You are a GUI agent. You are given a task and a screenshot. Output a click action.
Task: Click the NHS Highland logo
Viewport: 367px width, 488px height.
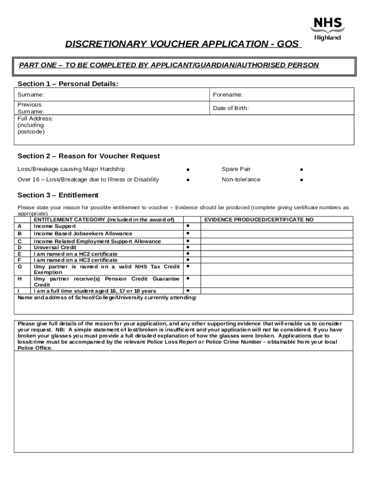click(x=327, y=29)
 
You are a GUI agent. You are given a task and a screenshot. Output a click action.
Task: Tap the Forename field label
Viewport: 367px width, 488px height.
click(x=228, y=95)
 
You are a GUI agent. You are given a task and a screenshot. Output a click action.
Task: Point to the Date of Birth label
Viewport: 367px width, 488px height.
click(x=231, y=108)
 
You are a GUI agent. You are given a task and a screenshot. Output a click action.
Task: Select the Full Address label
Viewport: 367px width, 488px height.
click(x=35, y=119)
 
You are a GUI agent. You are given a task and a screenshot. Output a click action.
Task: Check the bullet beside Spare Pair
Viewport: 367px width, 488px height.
click(x=301, y=170)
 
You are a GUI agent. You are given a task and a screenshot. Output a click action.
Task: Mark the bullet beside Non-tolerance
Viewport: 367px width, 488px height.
click(x=301, y=180)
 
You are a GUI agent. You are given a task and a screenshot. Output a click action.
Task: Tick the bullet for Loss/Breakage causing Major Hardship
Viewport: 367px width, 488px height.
click(x=188, y=170)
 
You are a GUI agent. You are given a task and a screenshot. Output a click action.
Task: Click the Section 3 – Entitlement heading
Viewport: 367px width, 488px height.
click(x=58, y=195)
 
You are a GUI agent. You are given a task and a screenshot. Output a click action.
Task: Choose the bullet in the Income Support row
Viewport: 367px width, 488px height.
click(x=188, y=225)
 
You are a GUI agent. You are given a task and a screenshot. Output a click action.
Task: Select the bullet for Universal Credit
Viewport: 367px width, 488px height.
click(x=188, y=247)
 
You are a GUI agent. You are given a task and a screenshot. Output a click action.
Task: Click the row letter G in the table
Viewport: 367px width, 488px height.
click(x=20, y=267)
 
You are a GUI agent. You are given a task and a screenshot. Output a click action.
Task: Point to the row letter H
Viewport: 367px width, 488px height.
click(x=20, y=278)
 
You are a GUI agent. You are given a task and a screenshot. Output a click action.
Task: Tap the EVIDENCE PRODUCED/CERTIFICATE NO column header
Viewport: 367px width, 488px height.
click(x=259, y=220)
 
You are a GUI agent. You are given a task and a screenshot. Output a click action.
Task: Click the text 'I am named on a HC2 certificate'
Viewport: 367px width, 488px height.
click(x=75, y=254)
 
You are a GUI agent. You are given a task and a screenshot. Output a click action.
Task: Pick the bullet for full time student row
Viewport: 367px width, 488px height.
click(x=188, y=290)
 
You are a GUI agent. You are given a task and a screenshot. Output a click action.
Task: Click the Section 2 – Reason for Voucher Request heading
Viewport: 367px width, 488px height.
click(x=89, y=156)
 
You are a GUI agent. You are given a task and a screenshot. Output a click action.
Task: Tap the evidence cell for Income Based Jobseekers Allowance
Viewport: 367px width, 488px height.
click(x=277, y=234)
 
